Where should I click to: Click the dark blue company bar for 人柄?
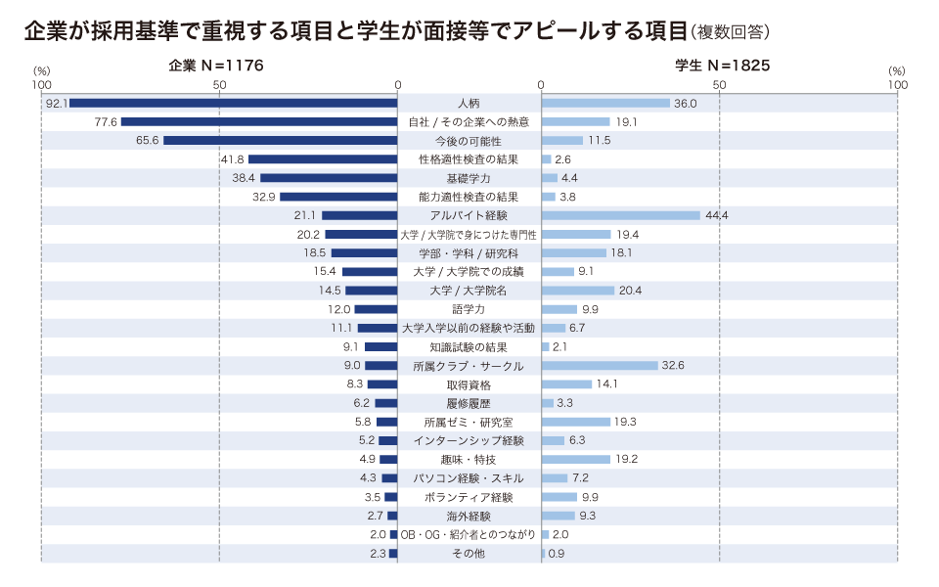click(234, 103)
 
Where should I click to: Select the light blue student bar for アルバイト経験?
click(620, 215)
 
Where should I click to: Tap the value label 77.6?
click(106, 121)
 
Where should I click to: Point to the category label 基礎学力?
click(469, 178)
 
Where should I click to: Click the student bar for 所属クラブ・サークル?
click(600, 366)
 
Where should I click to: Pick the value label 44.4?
click(717, 215)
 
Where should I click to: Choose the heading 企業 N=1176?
click(215, 66)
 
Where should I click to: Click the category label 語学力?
click(469, 309)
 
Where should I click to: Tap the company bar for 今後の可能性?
click(281, 141)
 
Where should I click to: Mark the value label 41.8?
click(232, 159)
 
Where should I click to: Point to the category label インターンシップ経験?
click(469, 441)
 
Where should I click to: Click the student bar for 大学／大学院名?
click(577, 291)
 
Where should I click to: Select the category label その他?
click(469, 554)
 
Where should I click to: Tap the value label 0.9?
click(557, 554)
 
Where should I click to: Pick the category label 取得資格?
click(469, 384)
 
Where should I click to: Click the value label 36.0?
click(685, 103)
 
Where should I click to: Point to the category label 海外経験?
click(469, 516)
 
